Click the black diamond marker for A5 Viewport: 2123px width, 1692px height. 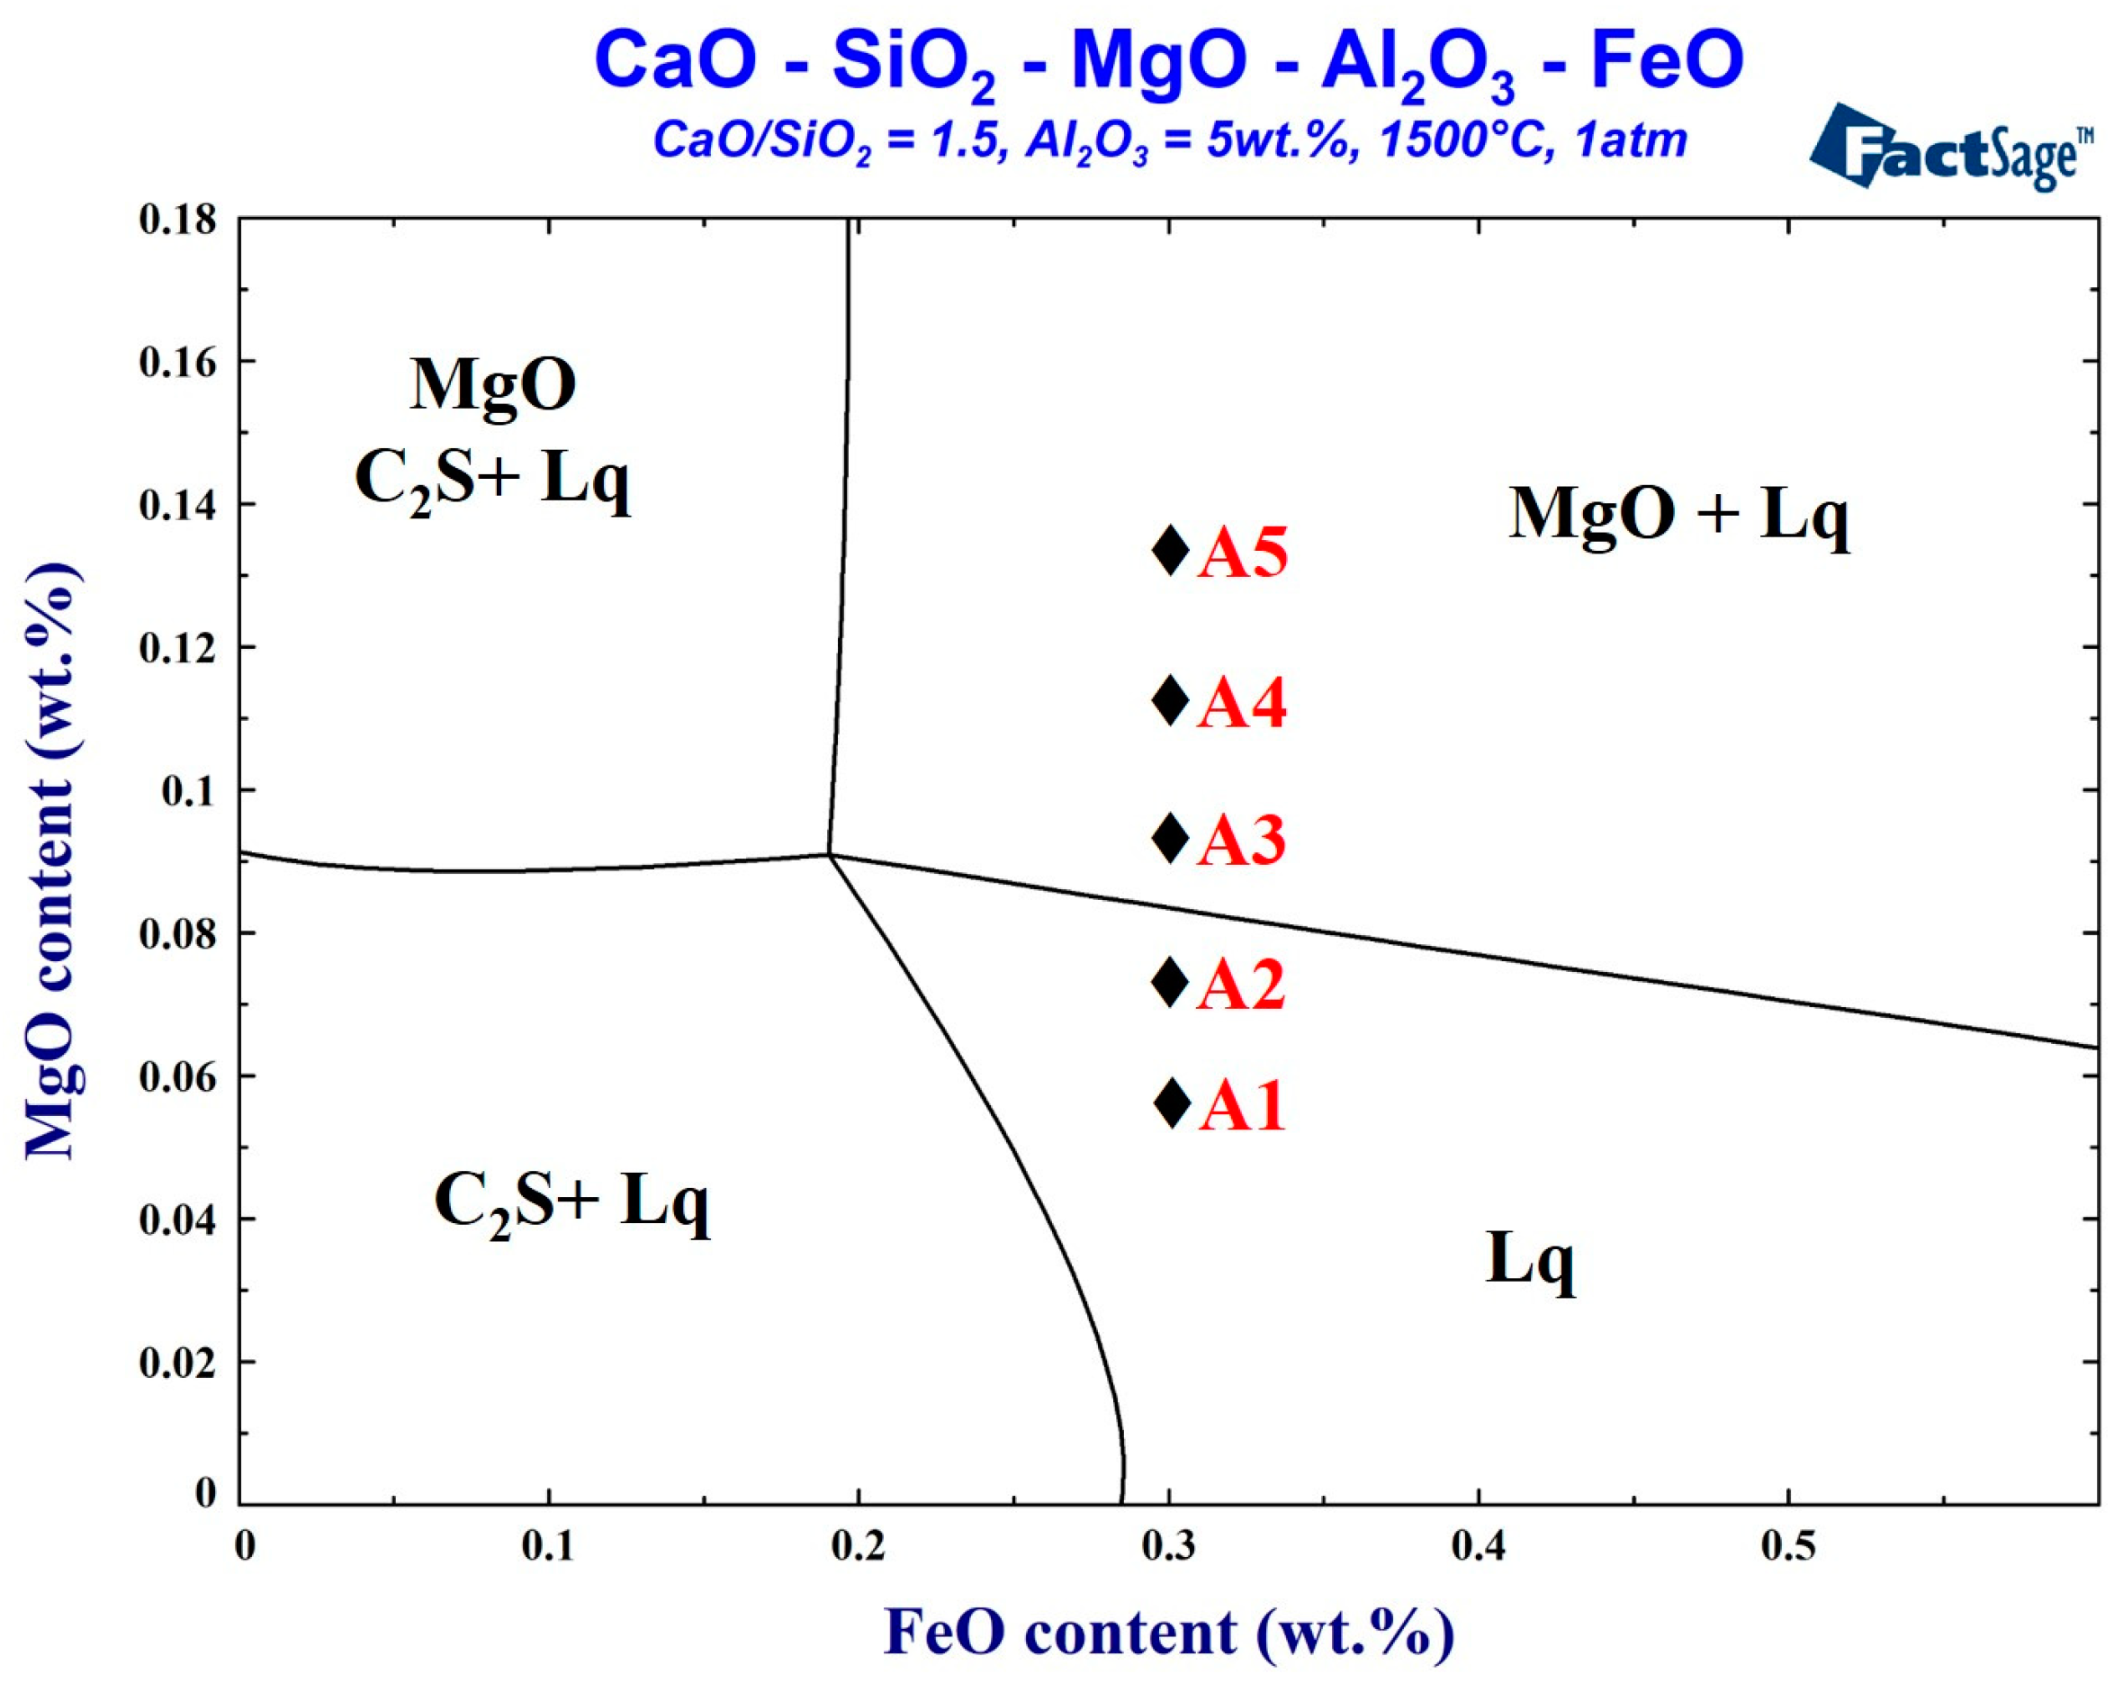coord(1170,551)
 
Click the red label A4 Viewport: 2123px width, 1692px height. coord(1241,703)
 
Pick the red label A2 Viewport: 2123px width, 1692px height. coord(1241,984)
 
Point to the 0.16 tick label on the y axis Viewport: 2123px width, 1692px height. coord(178,363)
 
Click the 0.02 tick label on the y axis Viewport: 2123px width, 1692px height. coord(178,1363)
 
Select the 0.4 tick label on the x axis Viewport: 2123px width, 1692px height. coord(1478,1545)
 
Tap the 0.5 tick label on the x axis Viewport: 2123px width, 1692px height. coord(1788,1545)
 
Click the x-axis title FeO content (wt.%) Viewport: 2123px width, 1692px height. coord(1168,1633)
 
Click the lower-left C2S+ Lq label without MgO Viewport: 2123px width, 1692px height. coord(571,1201)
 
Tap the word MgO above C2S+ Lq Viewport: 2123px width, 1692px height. coord(493,385)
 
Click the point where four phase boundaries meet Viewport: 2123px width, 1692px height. coord(830,855)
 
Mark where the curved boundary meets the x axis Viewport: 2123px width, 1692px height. coord(1123,1503)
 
